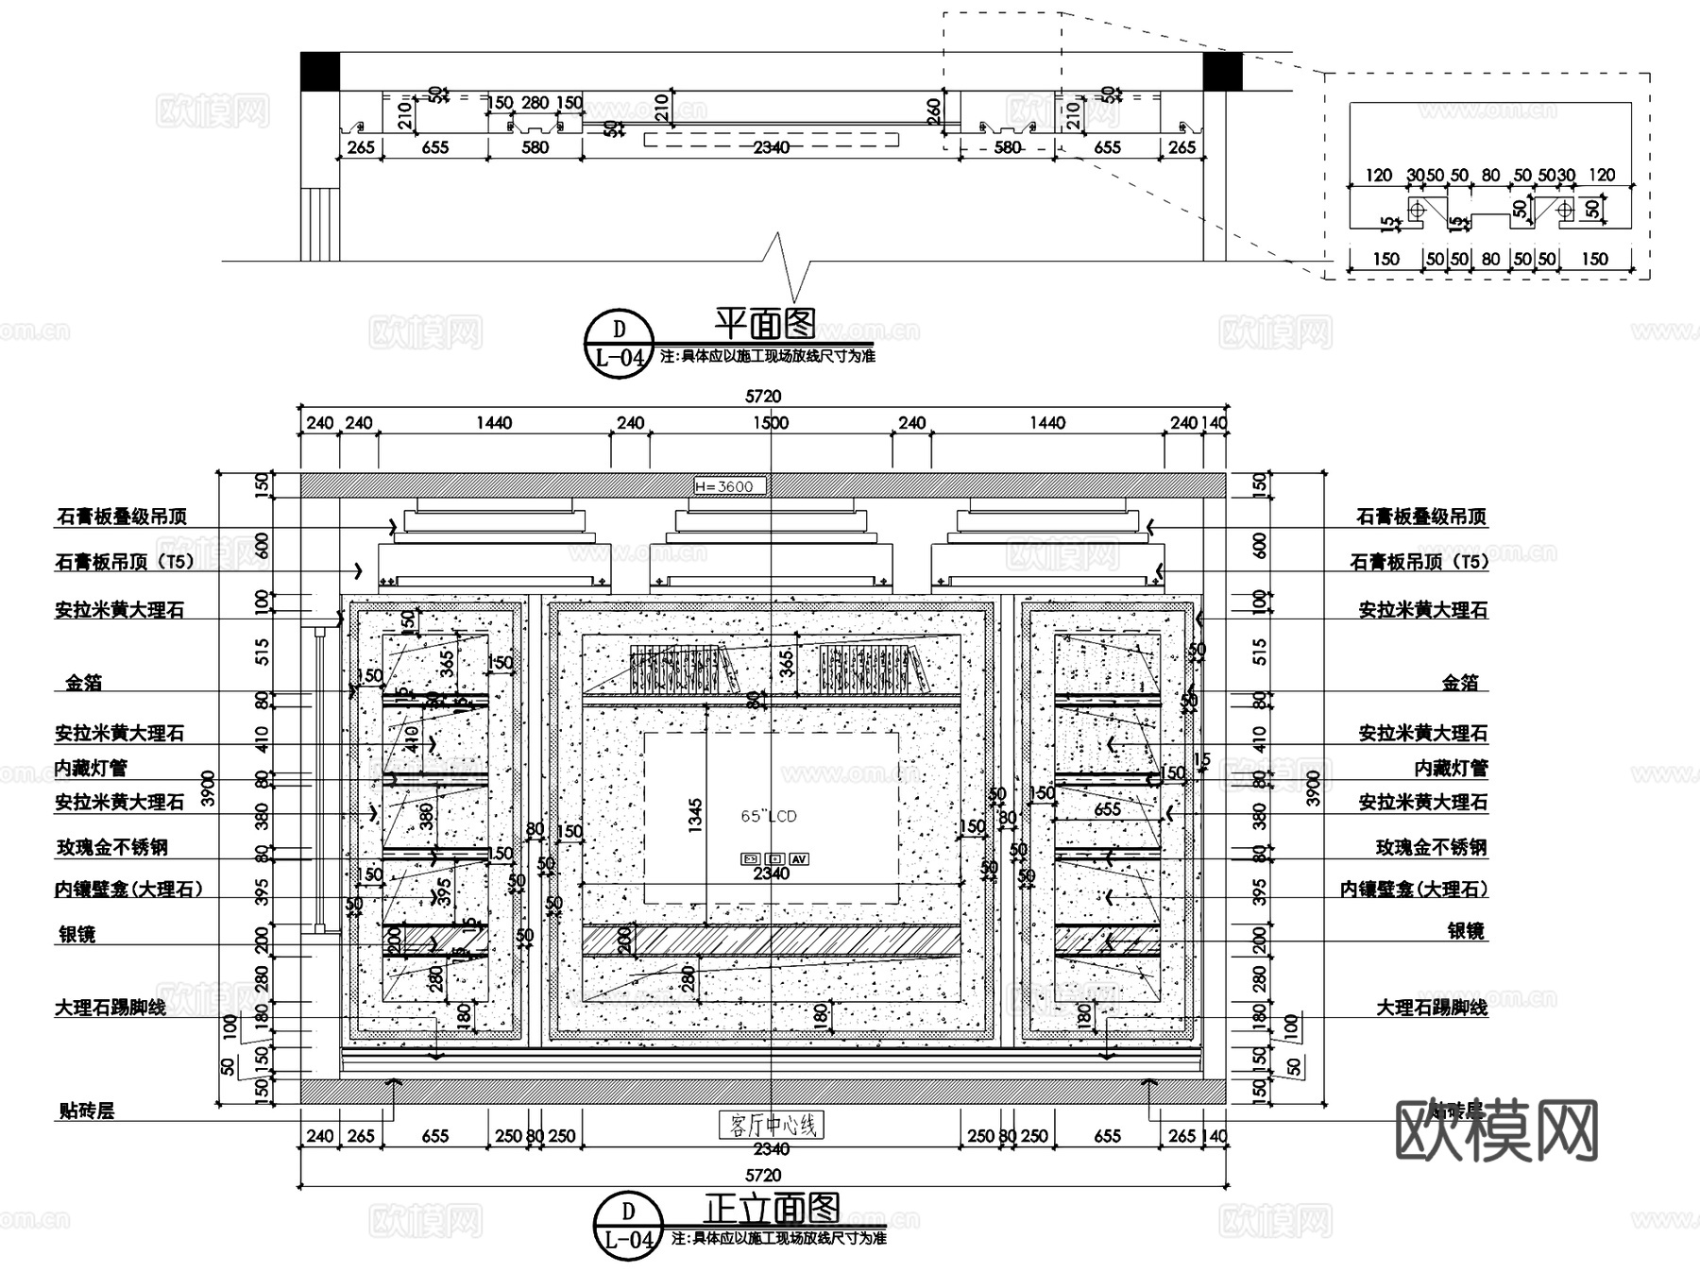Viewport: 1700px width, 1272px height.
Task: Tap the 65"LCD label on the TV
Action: (769, 816)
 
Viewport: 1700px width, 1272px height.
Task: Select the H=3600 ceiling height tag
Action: (729, 486)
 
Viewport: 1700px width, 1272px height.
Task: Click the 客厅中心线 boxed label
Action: (771, 1125)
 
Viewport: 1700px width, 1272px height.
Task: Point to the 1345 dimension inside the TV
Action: (696, 816)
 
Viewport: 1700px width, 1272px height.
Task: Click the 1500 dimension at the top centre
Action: (771, 423)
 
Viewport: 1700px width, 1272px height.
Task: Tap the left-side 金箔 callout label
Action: (84, 682)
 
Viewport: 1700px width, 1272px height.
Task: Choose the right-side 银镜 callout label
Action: (1466, 931)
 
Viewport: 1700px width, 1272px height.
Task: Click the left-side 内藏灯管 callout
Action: (91, 768)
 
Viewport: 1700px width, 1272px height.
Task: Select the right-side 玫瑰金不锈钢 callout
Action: (1431, 847)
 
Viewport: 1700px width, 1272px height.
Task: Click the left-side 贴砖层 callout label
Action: (87, 1111)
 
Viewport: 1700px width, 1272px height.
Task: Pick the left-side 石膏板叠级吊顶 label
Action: (122, 517)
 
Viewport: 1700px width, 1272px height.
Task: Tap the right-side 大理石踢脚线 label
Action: (1431, 1008)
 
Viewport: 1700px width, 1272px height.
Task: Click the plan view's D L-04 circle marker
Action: (620, 343)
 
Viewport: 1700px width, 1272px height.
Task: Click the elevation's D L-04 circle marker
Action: (629, 1225)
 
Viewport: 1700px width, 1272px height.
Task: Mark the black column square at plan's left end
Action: (320, 72)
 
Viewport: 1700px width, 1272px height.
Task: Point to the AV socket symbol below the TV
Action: (799, 858)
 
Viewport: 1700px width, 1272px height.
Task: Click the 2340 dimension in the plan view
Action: (771, 147)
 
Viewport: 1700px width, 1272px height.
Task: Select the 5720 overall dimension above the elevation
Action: (763, 397)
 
